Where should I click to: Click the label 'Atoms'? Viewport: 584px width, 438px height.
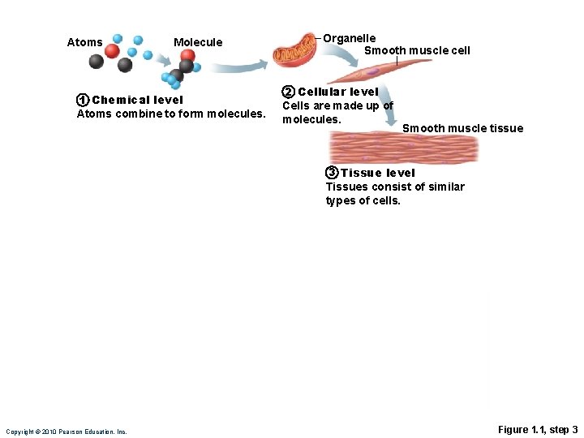(84, 42)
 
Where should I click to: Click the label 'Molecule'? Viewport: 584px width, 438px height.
(198, 42)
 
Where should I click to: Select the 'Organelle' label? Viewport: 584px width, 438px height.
(350, 38)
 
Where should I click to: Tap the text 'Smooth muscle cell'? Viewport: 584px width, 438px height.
(417, 50)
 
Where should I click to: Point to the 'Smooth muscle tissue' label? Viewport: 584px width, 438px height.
(462, 128)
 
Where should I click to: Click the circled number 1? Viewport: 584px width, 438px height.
(82, 101)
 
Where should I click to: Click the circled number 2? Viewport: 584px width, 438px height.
(288, 92)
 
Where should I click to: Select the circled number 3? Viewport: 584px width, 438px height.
(332, 173)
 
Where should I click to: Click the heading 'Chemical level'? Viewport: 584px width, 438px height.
(138, 101)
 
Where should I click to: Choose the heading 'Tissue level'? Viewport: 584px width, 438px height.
(378, 173)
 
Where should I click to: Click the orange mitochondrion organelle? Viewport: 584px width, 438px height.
(295, 51)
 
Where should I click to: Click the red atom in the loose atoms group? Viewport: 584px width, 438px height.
(112, 51)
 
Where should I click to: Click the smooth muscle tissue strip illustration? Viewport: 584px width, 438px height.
(403, 148)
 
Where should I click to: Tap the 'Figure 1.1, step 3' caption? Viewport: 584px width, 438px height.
(538, 429)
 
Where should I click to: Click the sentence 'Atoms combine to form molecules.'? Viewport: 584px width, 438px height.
(170, 114)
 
